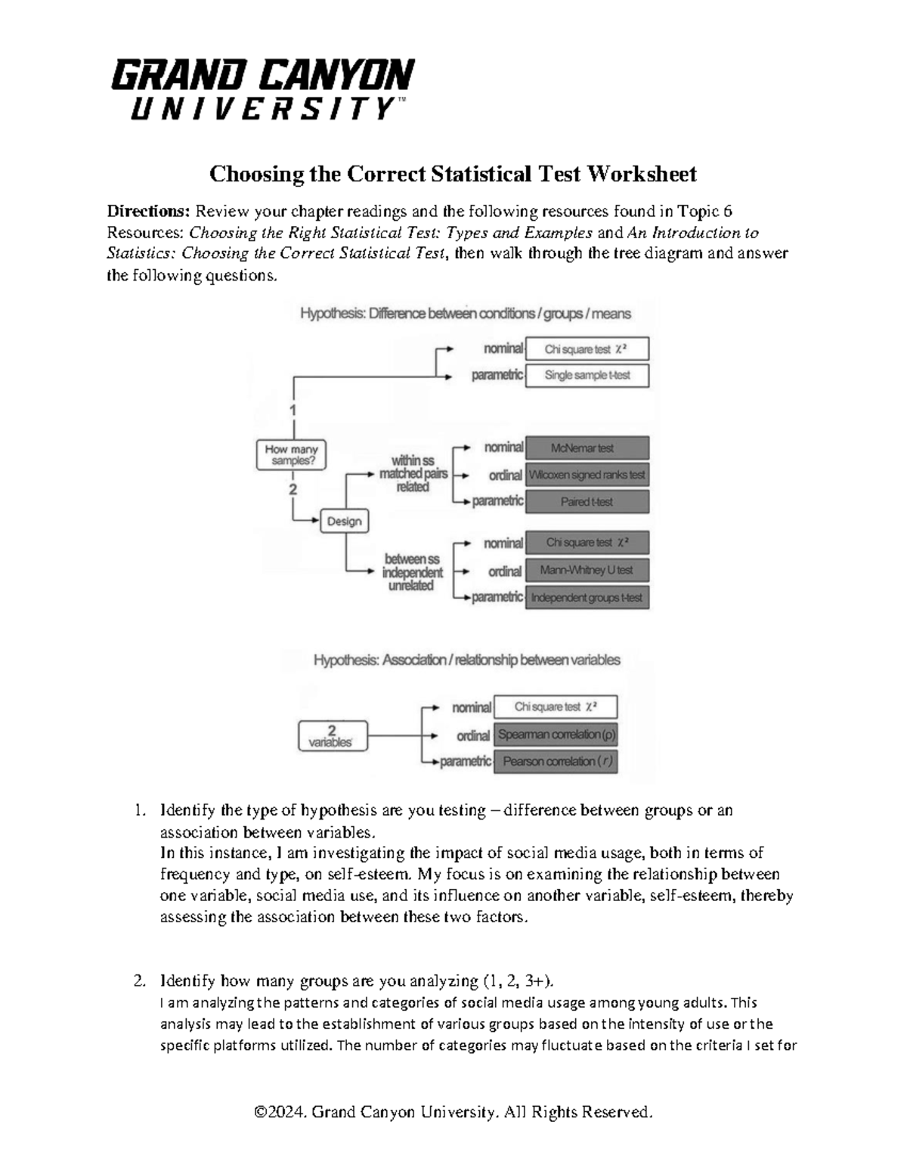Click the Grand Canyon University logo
(x=262, y=90)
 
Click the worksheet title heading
(x=453, y=175)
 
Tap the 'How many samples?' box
(x=291, y=455)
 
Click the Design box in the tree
(x=345, y=522)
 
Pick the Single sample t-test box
(x=587, y=375)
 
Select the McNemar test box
(x=587, y=448)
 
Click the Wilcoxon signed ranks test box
(x=587, y=475)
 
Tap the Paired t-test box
(x=587, y=502)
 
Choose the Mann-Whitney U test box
(x=587, y=571)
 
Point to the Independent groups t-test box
(x=587, y=598)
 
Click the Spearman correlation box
(x=556, y=735)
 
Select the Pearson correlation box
(x=556, y=762)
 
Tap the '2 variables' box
(x=332, y=736)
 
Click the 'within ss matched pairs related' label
(x=413, y=474)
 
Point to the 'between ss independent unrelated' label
(x=413, y=572)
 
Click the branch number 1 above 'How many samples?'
(x=293, y=410)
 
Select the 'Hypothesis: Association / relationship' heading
(x=466, y=660)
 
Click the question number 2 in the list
(x=138, y=982)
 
